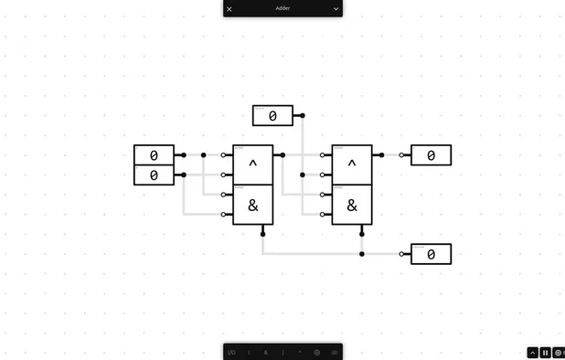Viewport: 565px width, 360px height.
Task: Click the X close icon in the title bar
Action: pyautogui.click(x=229, y=9)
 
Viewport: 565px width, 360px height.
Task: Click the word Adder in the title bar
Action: pyautogui.click(x=282, y=8)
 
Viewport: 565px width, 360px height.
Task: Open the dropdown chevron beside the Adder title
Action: pyautogui.click(x=336, y=9)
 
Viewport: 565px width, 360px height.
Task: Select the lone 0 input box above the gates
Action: pyautogui.click(x=272, y=116)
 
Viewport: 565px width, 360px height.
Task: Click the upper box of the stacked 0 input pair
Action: pyautogui.click(x=154, y=155)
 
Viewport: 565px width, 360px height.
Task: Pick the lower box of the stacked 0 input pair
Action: pyautogui.click(x=154, y=175)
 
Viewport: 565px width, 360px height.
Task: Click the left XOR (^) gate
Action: pyautogui.click(x=253, y=165)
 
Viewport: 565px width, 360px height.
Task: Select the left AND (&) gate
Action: pyautogui.click(x=253, y=206)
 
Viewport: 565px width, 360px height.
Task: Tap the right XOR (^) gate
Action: pyautogui.click(x=352, y=165)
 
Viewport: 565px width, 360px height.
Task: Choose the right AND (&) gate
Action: pyautogui.click(x=352, y=206)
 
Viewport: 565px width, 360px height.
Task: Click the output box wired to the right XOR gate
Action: pyautogui.click(x=431, y=155)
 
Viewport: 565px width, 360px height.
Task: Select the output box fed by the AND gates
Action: pyautogui.click(x=431, y=254)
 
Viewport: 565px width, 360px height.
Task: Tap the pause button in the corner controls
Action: pyautogui.click(x=546, y=353)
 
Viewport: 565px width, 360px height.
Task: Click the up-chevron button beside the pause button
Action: pyautogui.click(x=533, y=353)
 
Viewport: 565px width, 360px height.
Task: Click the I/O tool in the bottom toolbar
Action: pyautogui.click(x=231, y=352)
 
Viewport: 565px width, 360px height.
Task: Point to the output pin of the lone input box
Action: pyautogui.click(x=303, y=116)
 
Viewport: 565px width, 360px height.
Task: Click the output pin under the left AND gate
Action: pyautogui.click(x=263, y=234)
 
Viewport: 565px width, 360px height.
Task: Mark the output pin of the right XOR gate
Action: pyautogui.click(x=381, y=155)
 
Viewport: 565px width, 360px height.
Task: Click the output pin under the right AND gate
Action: pyautogui.click(x=362, y=234)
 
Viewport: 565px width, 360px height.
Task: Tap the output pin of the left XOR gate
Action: pyautogui.click(x=282, y=155)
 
